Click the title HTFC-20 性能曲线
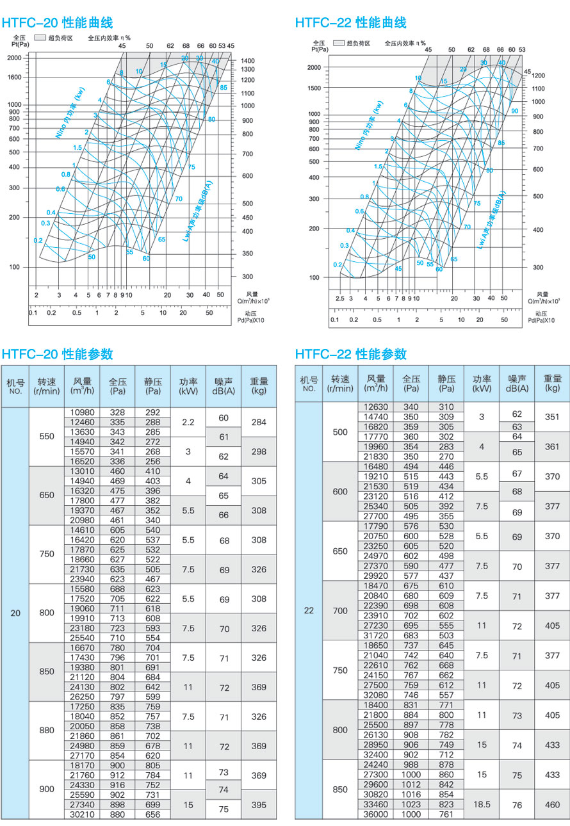click(58, 23)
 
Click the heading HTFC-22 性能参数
click(351, 354)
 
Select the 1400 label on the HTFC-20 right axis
click(247, 61)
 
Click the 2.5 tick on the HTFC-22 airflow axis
click(339, 298)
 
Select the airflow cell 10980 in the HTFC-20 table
click(82, 412)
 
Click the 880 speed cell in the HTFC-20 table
click(47, 730)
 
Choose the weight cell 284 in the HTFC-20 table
click(259, 422)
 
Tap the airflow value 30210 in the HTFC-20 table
click(82, 814)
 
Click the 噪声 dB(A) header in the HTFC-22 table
click(517, 383)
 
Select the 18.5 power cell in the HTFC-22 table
click(482, 804)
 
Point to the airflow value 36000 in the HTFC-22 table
click(375, 814)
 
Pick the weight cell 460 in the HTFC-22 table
click(552, 804)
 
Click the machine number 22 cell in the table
click(309, 611)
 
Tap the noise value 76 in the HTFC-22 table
click(517, 804)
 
